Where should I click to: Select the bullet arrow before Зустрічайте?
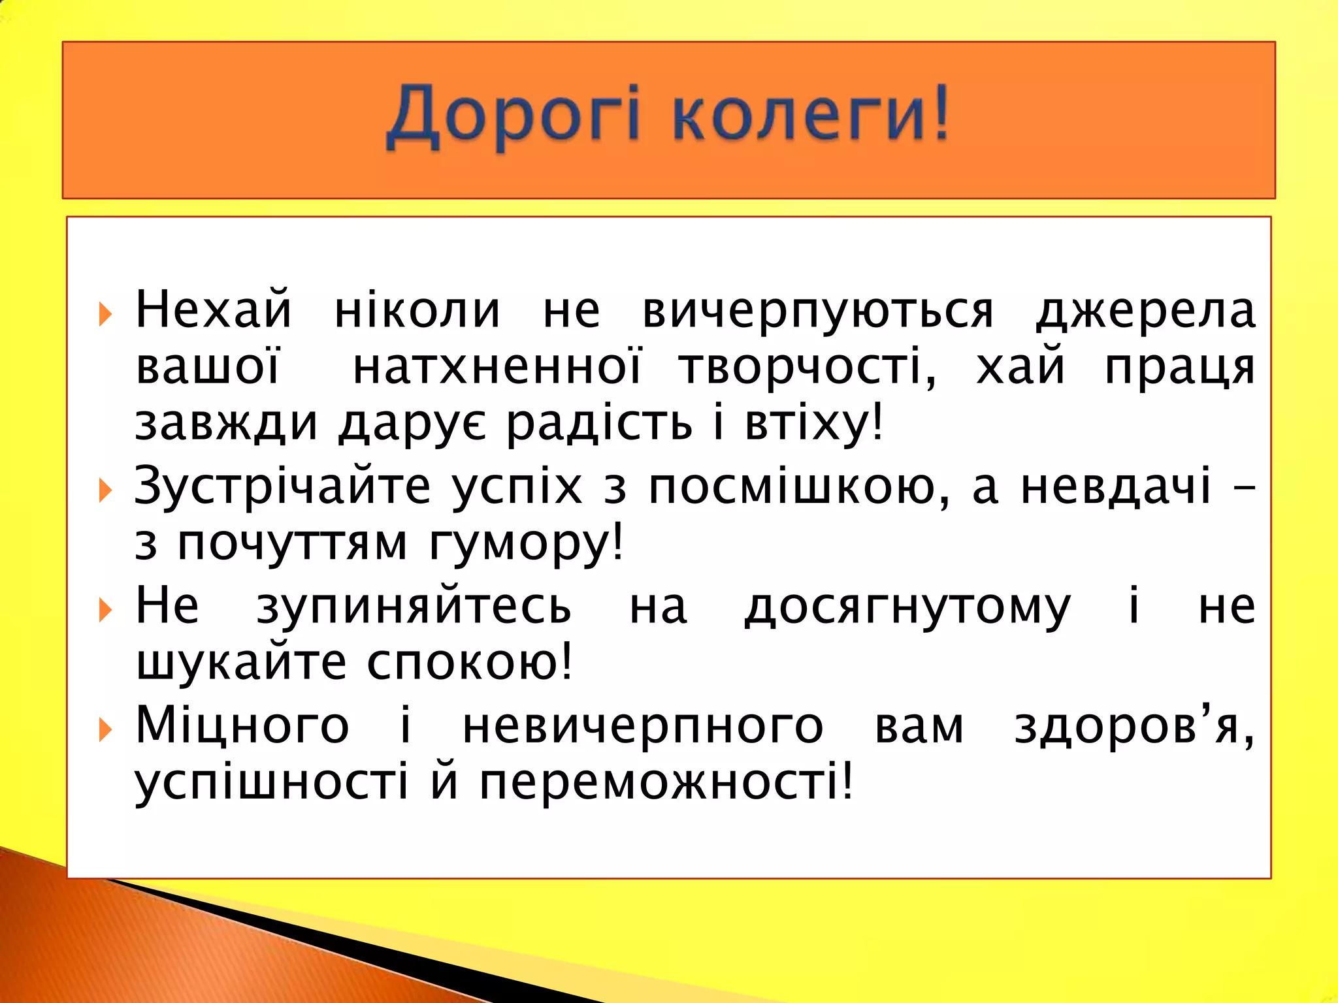click(x=105, y=490)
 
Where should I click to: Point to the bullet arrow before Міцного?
click(x=105, y=729)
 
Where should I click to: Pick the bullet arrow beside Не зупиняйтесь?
click(x=105, y=610)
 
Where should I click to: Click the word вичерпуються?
click(x=817, y=311)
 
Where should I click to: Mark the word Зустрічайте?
click(x=282, y=487)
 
